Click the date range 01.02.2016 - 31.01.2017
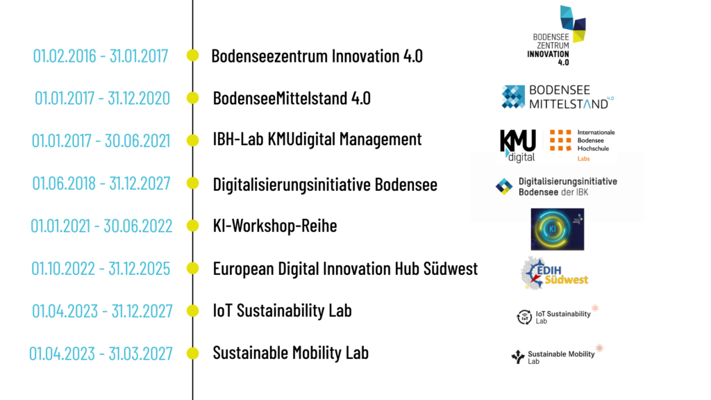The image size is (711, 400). click(100, 56)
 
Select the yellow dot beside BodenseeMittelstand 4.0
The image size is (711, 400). click(193, 97)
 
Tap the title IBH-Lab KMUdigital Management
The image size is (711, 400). click(317, 139)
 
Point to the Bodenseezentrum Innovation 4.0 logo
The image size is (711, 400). click(557, 35)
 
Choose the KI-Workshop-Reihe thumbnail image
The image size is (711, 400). click(558, 229)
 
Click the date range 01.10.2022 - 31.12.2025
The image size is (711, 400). click(101, 269)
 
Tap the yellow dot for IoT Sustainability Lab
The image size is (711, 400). click(193, 310)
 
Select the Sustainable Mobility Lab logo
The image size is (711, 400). click(557, 355)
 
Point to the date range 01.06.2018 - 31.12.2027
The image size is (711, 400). click(101, 183)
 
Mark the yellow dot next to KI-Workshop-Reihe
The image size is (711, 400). click(193, 226)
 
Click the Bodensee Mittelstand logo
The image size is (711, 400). click(558, 97)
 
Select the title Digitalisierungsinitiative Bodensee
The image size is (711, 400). click(325, 185)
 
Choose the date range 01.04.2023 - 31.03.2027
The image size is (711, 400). click(101, 353)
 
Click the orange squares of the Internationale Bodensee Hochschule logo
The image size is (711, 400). click(560, 140)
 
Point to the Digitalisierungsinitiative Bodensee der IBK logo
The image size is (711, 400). click(556, 186)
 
